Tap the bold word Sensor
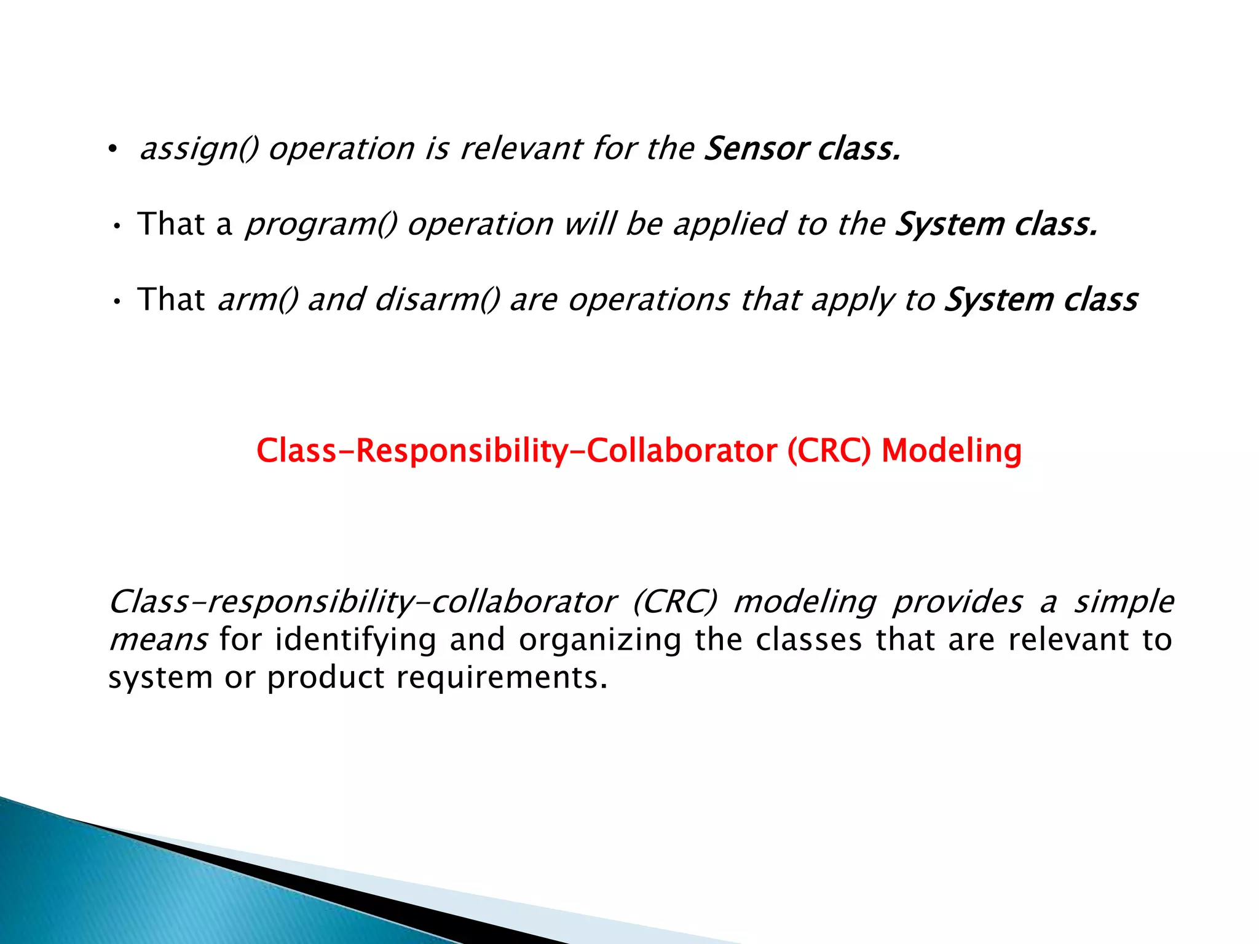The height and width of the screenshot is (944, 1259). pyautogui.click(x=756, y=149)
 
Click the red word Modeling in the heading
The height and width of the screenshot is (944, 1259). pyautogui.click(x=951, y=450)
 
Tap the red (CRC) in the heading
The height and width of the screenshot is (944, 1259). pyautogui.click(x=829, y=450)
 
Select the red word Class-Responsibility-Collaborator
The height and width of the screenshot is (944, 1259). pyautogui.click(x=516, y=450)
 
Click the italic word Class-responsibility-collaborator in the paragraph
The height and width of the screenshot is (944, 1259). pyautogui.click(x=363, y=602)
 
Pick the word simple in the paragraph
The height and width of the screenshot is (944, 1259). pyautogui.click(x=1124, y=602)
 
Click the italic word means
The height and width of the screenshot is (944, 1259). pyautogui.click(x=158, y=640)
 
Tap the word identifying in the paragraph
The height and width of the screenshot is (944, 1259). pyautogui.click(x=355, y=640)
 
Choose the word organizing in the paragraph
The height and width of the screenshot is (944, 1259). pyautogui.click(x=600, y=640)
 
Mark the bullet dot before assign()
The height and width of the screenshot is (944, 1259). pyautogui.click(x=112, y=149)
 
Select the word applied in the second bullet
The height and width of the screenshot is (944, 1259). pyautogui.click(x=729, y=224)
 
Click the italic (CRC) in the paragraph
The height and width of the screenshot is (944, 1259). pyautogui.click(x=674, y=602)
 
